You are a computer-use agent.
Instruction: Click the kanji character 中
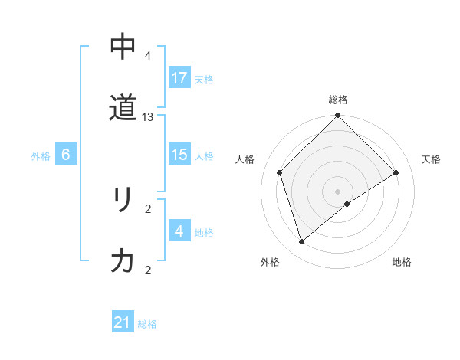(x=123, y=47)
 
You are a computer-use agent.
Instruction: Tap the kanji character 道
(x=123, y=110)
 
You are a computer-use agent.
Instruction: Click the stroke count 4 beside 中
(x=148, y=56)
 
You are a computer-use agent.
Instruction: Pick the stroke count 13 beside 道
(x=148, y=117)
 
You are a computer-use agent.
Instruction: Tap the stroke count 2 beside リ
(x=148, y=208)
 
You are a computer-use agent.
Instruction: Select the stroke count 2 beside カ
(x=148, y=270)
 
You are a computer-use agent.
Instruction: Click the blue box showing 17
(x=179, y=78)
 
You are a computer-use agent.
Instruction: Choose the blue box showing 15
(x=179, y=155)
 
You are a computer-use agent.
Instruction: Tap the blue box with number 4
(x=179, y=231)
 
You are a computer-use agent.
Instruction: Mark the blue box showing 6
(x=66, y=155)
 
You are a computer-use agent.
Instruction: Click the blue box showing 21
(x=123, y=323)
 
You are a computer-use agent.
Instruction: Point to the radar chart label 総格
(x=338, y=100)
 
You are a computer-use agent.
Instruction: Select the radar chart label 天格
(x=431, y=159)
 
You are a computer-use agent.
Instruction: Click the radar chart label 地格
(x=402, y=263)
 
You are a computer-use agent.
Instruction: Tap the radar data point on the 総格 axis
(x=338, y=116)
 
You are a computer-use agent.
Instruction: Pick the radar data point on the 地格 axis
(x=347, y=204)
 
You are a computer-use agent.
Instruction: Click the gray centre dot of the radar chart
(x=338, y=191)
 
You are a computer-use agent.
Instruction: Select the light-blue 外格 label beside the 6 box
(x=41, y=155)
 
